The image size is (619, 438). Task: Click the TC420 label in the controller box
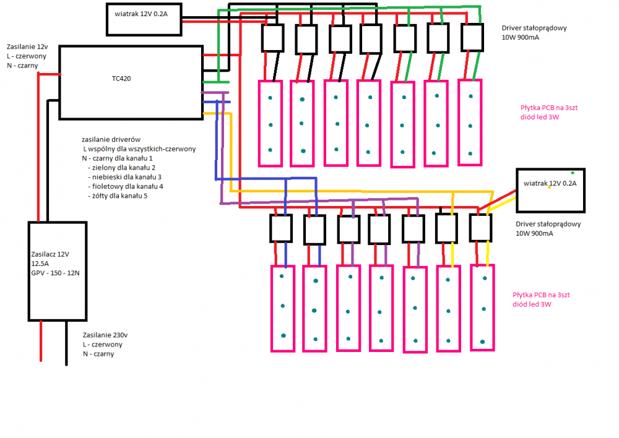121,79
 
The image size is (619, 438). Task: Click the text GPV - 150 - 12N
55,273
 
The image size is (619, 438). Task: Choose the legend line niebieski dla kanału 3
126,177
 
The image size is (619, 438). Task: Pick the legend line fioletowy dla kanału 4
126,186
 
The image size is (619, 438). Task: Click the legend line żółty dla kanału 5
118,195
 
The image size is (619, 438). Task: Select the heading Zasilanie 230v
110,335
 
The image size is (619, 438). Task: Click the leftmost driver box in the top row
272,39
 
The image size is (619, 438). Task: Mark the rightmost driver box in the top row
473,37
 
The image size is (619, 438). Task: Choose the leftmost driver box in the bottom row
281,228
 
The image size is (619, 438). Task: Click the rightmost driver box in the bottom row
480,228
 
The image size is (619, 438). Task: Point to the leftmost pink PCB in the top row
270,123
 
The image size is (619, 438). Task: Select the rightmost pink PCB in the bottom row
482,307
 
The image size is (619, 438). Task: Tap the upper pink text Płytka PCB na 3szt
549,107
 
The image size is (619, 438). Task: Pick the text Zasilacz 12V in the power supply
50,254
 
